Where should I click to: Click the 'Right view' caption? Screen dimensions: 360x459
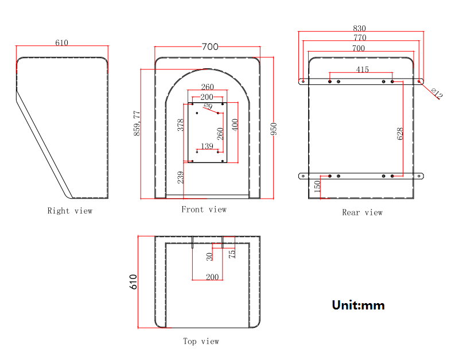pyautogui.click(x=69, y=211)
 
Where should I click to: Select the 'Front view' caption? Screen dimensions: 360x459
pyautogui.click(x=204, y=210)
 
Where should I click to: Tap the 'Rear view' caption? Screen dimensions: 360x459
pyautogui.click(x=362, y=212)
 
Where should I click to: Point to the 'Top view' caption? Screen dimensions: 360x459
pyautogui.click(x=201, y=341)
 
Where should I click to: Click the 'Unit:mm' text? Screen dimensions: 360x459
pyautogui.click(x=358, y=305)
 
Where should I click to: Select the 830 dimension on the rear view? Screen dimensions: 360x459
pyautogui.click(x=359, y=28)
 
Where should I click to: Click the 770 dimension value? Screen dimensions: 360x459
pyautogui.click(x=359, y=38)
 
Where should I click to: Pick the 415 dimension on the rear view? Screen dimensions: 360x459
pyautogui.click(x=362, y=69)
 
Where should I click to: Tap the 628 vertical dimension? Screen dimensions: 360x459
pyautogui.click(x=400, y=133)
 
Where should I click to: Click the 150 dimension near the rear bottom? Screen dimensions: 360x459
pyautogui.click(x=317, y=185)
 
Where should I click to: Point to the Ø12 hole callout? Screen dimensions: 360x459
pyautogui.click(x=436, y=93)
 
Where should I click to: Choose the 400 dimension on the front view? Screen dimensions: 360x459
pyautogui.click(x=235, y=125)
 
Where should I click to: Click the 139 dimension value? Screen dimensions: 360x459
pyautogui.click(x=207, y=147)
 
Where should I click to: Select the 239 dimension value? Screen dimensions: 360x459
pyautogui.click(x=180, y=177)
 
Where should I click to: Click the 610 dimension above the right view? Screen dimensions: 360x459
pyautogui.click(x=61, y=43)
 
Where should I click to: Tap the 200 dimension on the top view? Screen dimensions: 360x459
pyautogui.click(x=212, y=277)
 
